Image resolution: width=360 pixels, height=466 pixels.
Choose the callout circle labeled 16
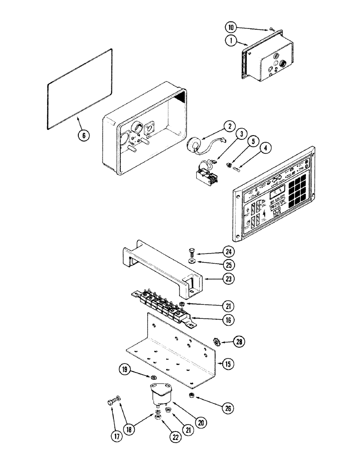tap(228, 320)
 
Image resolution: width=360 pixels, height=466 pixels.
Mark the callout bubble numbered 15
tap(228, 363)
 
